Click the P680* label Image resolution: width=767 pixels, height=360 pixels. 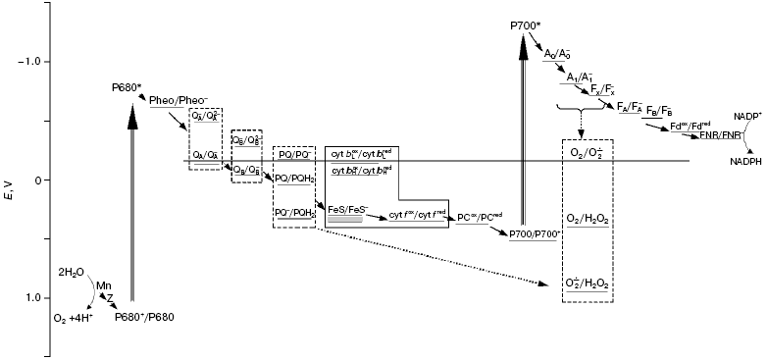click(x=127, y=88)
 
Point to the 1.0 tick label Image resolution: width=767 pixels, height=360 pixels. click(x=35, y=297)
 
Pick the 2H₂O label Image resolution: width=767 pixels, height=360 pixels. click(x=73, y=272)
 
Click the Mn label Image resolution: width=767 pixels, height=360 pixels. click(x=103, y=285)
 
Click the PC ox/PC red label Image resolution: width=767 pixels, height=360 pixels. click(x=482, y=217)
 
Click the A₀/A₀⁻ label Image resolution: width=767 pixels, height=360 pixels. click(x=561, y=53)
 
